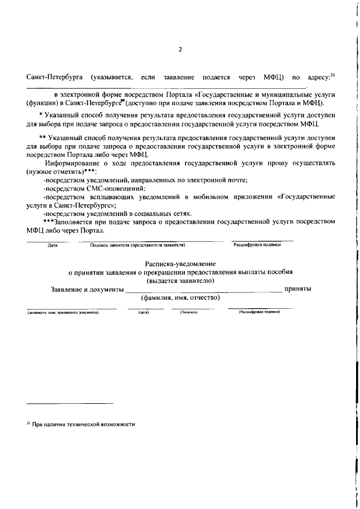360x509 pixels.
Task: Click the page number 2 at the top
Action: pos(180,49)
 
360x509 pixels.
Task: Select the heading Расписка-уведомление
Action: pos(180,263)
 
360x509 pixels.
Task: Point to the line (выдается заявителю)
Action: pos(180,280)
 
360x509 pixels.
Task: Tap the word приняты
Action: pos(299,289)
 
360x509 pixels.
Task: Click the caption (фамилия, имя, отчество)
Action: pos(180,298)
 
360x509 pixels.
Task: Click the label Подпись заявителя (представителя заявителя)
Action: pos(138,245)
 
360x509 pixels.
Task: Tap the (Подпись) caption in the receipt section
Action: pos(188,312)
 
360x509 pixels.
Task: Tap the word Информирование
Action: pos(73,163)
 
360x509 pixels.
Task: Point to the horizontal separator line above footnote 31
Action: pos(70,403)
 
